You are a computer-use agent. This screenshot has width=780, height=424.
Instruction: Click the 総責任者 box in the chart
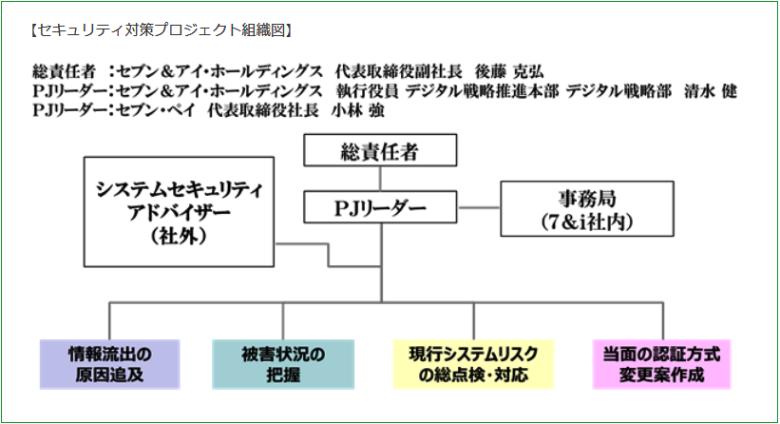tap(380, 150)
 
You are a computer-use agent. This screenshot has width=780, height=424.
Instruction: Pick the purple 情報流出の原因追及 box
tap(110, 364)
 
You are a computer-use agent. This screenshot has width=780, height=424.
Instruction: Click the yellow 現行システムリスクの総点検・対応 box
tap(473, 364)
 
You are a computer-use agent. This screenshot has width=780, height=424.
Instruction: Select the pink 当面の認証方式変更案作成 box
tap(661, 364)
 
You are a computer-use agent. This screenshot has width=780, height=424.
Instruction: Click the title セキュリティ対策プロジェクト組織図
tap(162, 30)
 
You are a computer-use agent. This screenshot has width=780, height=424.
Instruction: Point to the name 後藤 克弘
tap(509, 71)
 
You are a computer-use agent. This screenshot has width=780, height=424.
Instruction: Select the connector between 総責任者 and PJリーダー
tap(380, 179)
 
